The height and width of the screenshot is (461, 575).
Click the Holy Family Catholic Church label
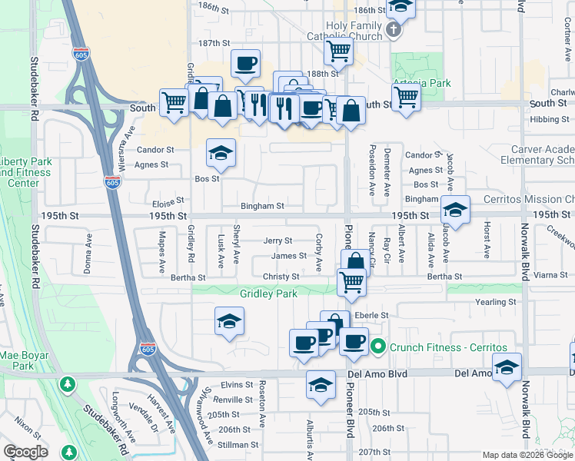click(354, 31)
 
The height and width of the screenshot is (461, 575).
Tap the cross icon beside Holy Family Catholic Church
click(393, 31)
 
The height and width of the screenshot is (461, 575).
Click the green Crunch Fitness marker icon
click(377, 347)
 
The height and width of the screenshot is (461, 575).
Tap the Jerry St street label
click(278, 241)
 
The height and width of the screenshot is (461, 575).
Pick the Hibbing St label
click(549, 119)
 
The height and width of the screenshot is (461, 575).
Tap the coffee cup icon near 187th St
click(245, 64)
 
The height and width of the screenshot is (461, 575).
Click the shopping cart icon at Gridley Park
click(351, 281)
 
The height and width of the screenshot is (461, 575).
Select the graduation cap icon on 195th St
click(455, 210)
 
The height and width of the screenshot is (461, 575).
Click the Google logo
click(25, 453)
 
